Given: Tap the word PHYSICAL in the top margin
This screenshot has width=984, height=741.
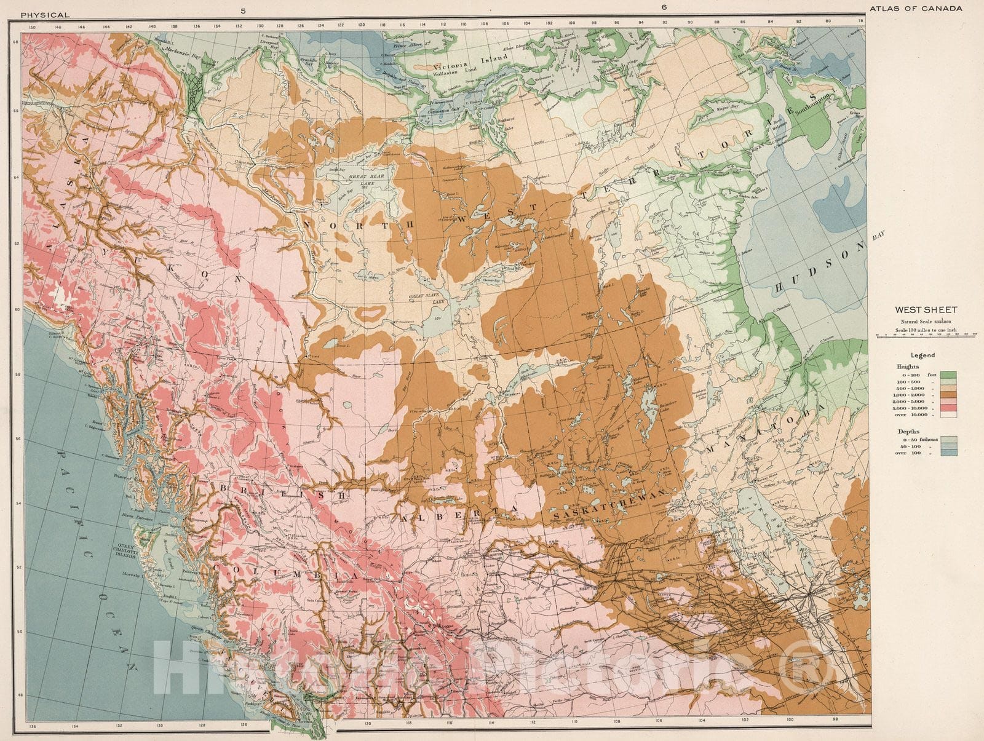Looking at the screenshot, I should (44, 14).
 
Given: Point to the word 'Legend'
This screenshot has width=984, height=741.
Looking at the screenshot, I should (923, 355).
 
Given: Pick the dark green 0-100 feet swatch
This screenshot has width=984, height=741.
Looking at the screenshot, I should (948, 374).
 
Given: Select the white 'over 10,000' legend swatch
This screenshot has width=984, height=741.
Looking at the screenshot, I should (948, 414).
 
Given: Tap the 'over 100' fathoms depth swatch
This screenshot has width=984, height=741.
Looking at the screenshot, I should (948, 453).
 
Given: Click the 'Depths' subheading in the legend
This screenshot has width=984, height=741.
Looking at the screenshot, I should (909, 432).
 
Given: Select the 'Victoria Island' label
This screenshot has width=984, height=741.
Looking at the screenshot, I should (470, 62).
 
